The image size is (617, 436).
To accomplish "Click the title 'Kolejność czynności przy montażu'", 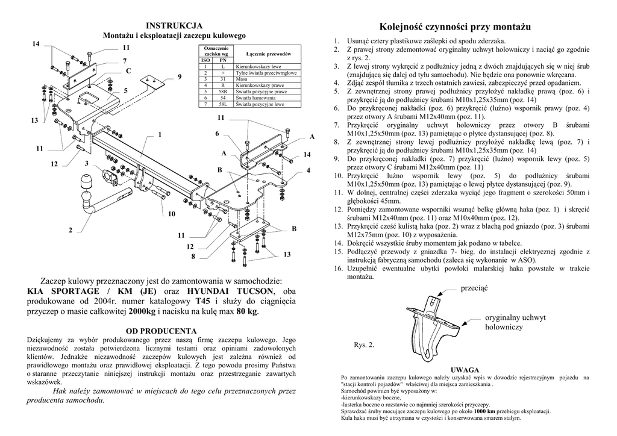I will (x=456, y=27).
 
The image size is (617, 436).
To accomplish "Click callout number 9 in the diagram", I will (x=179, y=76).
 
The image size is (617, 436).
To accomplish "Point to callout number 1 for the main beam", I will (x=160, y=134).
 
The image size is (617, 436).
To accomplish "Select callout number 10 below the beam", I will (x=172, y=214).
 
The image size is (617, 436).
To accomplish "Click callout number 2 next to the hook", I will (x=70, y=230).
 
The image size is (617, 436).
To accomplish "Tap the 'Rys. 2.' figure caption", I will (x=364, y=345).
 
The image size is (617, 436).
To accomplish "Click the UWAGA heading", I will (x=465, y=369).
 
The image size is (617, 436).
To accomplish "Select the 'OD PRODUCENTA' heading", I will (x=161, y=331).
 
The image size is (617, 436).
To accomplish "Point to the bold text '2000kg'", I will (x=142, y=311).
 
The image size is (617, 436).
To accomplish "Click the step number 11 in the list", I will (x=339, y=192).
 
